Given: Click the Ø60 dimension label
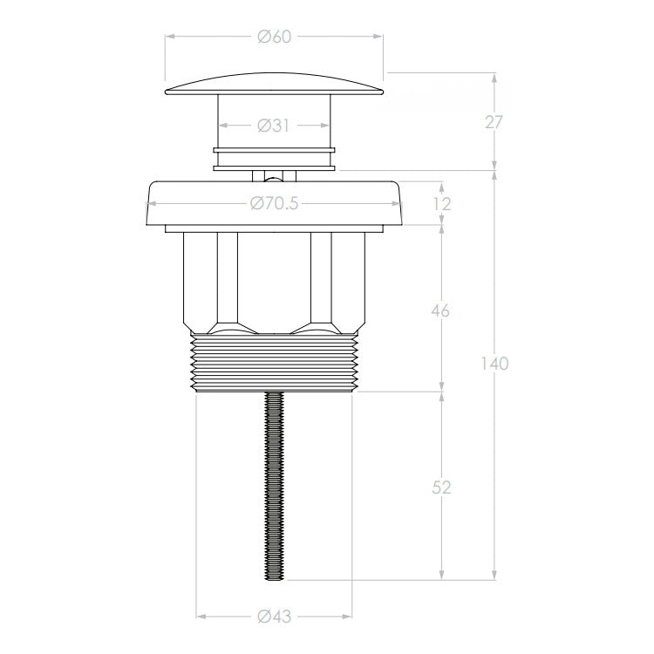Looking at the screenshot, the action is [x=275, y=37].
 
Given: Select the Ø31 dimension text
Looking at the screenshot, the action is [x=273, y=125].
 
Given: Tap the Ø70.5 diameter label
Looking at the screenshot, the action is [x=274, y=203].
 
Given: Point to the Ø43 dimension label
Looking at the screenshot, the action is [x=274, y=616].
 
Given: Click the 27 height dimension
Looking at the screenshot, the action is [x=494, y=122].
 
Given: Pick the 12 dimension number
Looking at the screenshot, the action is [x=442, y=204].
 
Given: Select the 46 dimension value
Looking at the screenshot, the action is [x=441, y=310].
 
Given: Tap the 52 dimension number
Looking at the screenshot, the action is [x=441, y=487].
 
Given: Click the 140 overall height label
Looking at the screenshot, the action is [x=494, y=364].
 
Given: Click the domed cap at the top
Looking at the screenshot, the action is [x=274, y=84].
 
